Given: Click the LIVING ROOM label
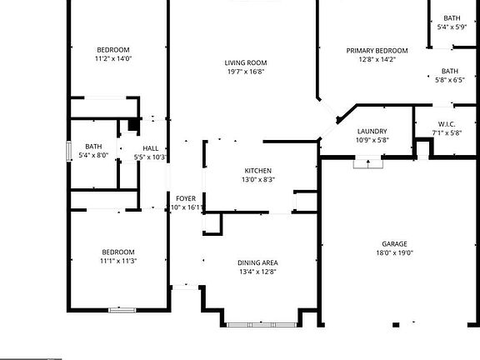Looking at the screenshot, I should pyautogui.click(x=245, y=62).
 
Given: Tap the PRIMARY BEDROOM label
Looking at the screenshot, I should pyautogui.click(x=377, y=50).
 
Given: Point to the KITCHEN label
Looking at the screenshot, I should pyautogui.click(x=258, y=170).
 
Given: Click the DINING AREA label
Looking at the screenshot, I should pyautogui.click(x=257, y=262).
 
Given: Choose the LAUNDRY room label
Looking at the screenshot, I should pyautogui.click(x=372, y=131).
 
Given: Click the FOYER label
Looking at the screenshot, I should pyautogui.click(x=185, y=198).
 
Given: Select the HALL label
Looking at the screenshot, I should pyautogui.click(x=151, y=147).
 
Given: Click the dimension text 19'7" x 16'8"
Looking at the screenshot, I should pyautogui.click(x=245, y=72).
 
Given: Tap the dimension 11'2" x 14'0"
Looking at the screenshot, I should pyautogui.click(x=114, y=59).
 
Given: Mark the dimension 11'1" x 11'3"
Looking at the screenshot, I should pyautogui.click(x=117, y=261).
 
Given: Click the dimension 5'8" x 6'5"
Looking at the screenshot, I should pyautogui.click(x=450, y=81).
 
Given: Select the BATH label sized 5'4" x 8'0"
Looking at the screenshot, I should pyautogui.click(x=93, y=146).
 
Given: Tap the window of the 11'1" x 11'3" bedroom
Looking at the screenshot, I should pyautogui.click(x=122, y=310).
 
